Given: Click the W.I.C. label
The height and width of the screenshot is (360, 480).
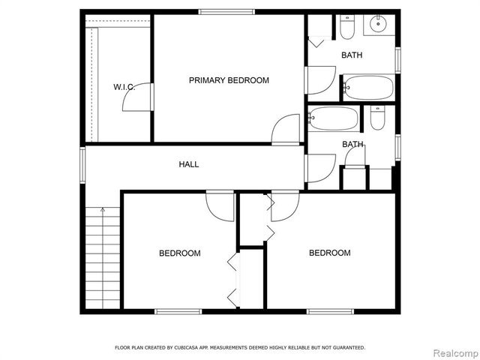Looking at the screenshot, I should tap(124, 87).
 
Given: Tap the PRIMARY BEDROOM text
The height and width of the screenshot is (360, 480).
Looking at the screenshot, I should tap(229, 80).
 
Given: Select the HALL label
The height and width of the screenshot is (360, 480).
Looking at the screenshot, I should tap(189, 164).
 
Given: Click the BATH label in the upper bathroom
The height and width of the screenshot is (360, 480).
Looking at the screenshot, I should tap(352, 55).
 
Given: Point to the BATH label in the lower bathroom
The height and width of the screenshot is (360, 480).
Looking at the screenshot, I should tap(352, 144).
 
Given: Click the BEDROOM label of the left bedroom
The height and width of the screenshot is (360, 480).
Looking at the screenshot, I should tap(180, 253).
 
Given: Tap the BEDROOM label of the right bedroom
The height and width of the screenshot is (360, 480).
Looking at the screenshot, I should tap(330, 253).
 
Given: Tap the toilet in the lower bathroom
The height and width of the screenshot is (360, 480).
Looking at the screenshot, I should tap(377, 118).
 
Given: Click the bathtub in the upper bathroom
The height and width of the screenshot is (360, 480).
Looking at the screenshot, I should tap(368, 88).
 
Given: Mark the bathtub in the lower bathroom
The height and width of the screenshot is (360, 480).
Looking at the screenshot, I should tap(334, 118).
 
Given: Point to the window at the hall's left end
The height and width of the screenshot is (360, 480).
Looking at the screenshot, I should tap(82, 164).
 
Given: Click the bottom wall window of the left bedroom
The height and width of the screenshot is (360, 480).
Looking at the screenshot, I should tap(178, 311).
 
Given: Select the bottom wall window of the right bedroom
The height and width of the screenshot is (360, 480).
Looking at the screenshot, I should tap(330, 311).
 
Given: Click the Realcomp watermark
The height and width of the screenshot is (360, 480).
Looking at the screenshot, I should tap(452, 351).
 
